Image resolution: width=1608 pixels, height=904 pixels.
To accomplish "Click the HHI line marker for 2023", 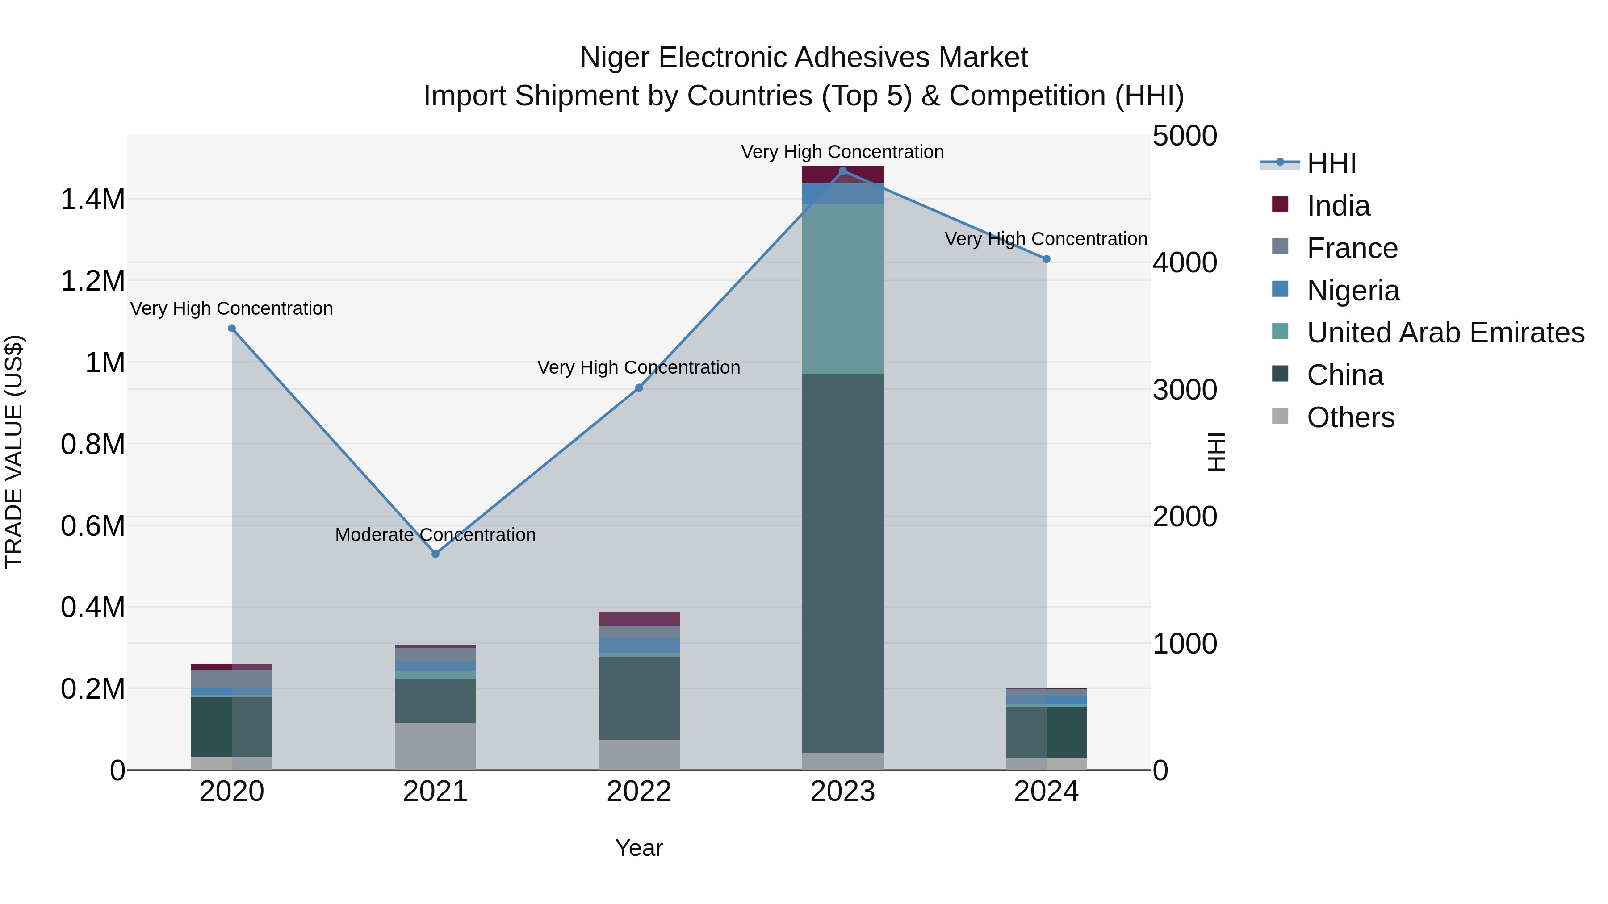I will pos(843,171).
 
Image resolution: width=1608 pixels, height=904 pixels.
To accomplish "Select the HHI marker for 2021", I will pos(435,554).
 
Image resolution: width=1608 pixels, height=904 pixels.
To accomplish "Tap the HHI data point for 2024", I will pos(1046,259).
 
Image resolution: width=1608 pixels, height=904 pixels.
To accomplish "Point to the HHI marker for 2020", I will pos(231,328).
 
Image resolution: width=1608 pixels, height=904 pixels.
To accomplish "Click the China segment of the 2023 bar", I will pos(843,562).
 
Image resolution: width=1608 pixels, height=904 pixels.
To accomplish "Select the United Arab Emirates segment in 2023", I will pos(843,288).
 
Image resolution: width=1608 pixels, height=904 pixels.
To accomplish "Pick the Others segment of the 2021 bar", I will pos(435,746).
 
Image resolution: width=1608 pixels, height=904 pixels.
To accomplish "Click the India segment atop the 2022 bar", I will pos(639,618).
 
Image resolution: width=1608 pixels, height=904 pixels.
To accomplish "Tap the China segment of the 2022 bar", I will pos(639,697).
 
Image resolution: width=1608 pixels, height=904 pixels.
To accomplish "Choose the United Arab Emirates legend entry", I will pos(1445,333).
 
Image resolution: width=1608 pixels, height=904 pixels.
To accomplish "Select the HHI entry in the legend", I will pos(1331,163).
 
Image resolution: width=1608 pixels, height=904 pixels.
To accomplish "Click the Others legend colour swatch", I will pos(1280,416).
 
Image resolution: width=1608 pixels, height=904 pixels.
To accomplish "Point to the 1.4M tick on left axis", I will pos(92,200).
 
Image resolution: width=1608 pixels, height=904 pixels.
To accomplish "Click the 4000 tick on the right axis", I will pos(1184,262).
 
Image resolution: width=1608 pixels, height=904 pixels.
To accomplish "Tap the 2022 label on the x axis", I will pos(639,792).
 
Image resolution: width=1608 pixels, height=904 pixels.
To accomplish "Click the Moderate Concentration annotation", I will pos(435,535).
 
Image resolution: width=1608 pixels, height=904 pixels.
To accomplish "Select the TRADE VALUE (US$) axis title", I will pos(14,452).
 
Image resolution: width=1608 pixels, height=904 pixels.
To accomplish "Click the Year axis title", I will pos(639,848).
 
